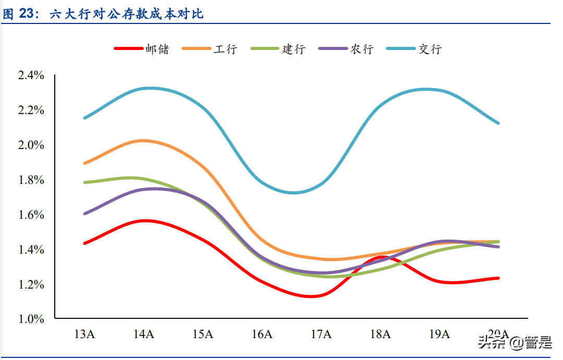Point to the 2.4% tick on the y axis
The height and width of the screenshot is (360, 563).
[31, 76]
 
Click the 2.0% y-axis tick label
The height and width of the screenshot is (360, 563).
[31, 145]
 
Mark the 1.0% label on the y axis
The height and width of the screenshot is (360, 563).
[31, 319]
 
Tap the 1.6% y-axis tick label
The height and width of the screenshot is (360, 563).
[31, 215]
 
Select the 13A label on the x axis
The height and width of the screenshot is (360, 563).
[84, 334]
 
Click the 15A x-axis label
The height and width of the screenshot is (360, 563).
[203, 334]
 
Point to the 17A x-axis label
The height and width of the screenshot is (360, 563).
[321, 334]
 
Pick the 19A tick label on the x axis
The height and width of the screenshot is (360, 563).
[439, 334]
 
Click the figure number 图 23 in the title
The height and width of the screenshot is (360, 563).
[20, 15]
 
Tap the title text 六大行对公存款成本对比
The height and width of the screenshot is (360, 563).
[127, 15]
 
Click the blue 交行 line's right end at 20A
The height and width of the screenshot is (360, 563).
[498, 123]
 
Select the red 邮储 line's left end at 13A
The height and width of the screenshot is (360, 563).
[84, 243]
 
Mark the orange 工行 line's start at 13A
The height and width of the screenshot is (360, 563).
[84, 163]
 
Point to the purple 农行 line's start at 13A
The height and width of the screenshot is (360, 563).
[84, 214]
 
